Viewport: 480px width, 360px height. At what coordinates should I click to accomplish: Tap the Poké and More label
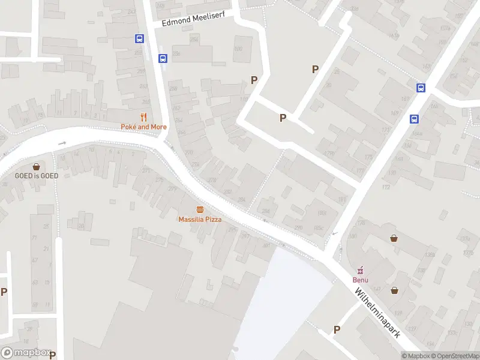coord(143,127)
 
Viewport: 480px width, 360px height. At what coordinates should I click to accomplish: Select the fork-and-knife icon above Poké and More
coord(143,117)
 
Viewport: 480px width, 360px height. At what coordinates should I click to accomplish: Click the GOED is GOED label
coord(37,176)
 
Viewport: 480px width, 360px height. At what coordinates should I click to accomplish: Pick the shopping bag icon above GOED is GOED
coord(37,166)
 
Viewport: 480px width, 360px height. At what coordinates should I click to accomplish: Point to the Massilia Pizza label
coord(200,219)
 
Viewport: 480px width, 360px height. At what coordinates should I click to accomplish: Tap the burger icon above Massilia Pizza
coord(200,209)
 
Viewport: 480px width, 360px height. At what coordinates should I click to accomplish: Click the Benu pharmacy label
coord(361,280)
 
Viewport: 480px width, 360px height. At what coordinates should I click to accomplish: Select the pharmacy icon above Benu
coord(361,270)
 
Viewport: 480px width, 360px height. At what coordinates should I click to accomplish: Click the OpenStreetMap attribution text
coord(454,356)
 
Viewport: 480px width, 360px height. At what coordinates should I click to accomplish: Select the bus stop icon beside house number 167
coord(421,88)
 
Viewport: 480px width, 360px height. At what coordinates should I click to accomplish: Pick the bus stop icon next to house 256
coord(140,38)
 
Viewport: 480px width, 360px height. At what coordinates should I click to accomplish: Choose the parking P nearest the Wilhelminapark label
coord(337,329)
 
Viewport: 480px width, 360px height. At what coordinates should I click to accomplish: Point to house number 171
coord(385,129)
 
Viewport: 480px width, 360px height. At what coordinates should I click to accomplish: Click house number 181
coord(341,200)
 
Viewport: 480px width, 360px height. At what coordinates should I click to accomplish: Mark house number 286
coord(266,211)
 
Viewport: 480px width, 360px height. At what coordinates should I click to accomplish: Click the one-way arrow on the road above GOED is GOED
coord(62,143)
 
